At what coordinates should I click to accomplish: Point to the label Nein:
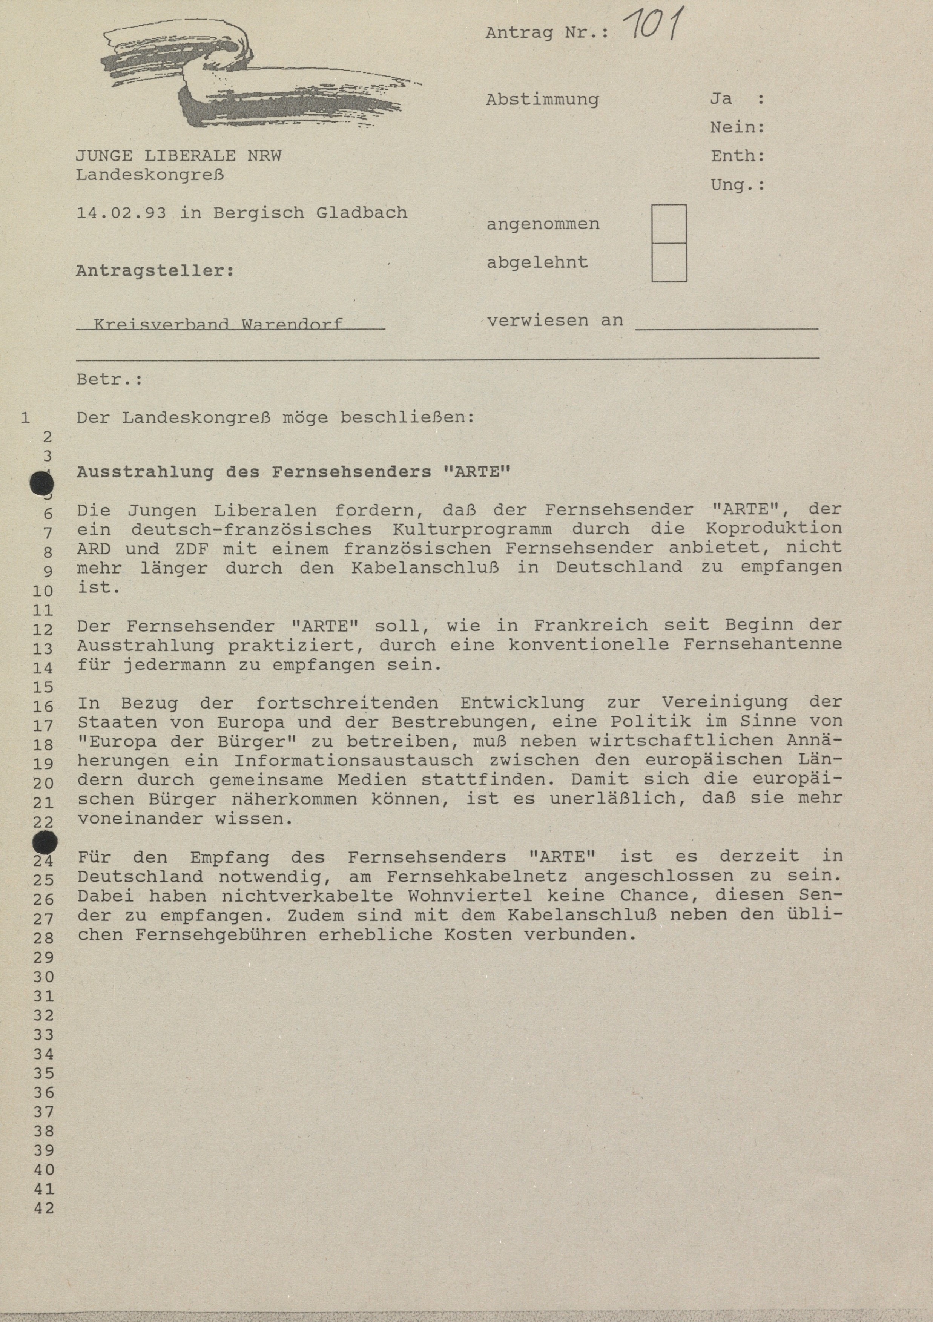(737, 127)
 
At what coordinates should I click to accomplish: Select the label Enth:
(737, 156)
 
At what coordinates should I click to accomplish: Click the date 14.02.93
(121, 213)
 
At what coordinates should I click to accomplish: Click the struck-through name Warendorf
(292, 324)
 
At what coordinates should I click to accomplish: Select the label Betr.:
(109, 380)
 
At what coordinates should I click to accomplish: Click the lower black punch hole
(45, 844)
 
